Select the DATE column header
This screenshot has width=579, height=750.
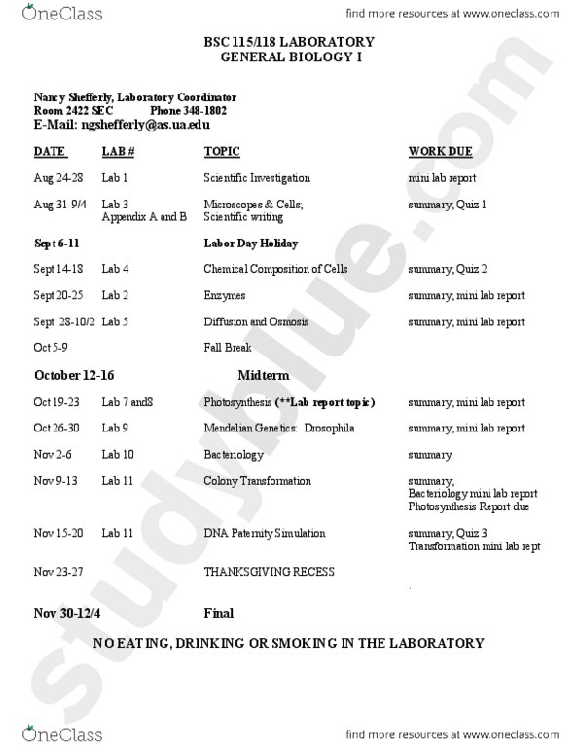click(50, 152)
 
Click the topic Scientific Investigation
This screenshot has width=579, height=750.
click(257, 179)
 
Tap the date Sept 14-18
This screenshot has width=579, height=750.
click(59, 269)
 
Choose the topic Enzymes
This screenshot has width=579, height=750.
click(224, 295)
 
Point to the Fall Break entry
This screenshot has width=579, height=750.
click(227, 348)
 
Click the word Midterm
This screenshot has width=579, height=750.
click(263, 375)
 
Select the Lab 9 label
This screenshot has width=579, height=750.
click(117, 428)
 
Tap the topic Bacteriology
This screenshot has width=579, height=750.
click(234, 455)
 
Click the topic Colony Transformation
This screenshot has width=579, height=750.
click(257, 481)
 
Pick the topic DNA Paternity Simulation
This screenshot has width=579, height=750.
click(264, 534)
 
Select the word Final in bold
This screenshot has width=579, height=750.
click(218, 613)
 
